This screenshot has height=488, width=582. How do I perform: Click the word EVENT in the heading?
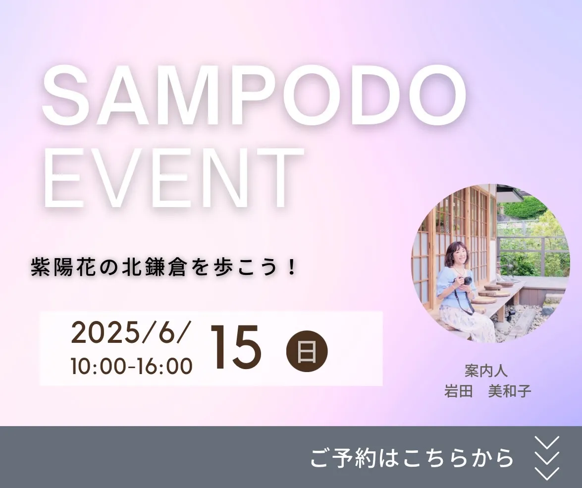pyautogui.click(x=173, y=177)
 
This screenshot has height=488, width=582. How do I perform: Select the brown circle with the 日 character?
pyautogui.click(x=307, y=351)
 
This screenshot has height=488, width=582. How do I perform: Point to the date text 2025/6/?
pyautogui.click(x=131, y=333)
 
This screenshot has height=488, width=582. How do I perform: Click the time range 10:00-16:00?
pyautogui.click(x=132, y=366)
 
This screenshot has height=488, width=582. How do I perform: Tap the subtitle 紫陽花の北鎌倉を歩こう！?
pyautogui.click(x=163, y=267)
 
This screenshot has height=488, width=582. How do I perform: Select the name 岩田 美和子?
pyautogui.click(x=488, y=391)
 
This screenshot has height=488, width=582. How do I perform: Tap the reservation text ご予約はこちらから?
pyautogui.click(x=412, y=458)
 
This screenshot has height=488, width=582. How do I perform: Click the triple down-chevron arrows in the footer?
pyautogui.click(x=546, y=458)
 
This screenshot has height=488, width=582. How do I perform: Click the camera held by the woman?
pyautogui.click(x=466, y=281)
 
